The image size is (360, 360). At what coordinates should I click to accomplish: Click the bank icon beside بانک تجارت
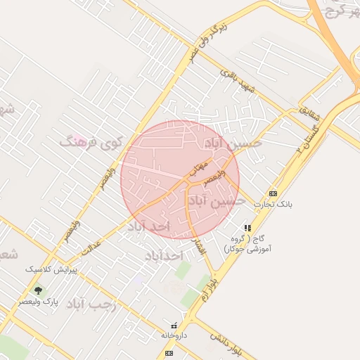(x=273, y=193)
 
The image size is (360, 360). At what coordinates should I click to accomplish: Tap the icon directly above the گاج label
(x=247, y=228)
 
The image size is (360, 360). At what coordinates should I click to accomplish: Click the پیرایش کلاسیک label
(x=50, y=269)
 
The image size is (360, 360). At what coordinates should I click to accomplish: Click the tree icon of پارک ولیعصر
(x=38, y=290)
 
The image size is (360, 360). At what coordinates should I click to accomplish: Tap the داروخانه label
(x=175, y=335)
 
